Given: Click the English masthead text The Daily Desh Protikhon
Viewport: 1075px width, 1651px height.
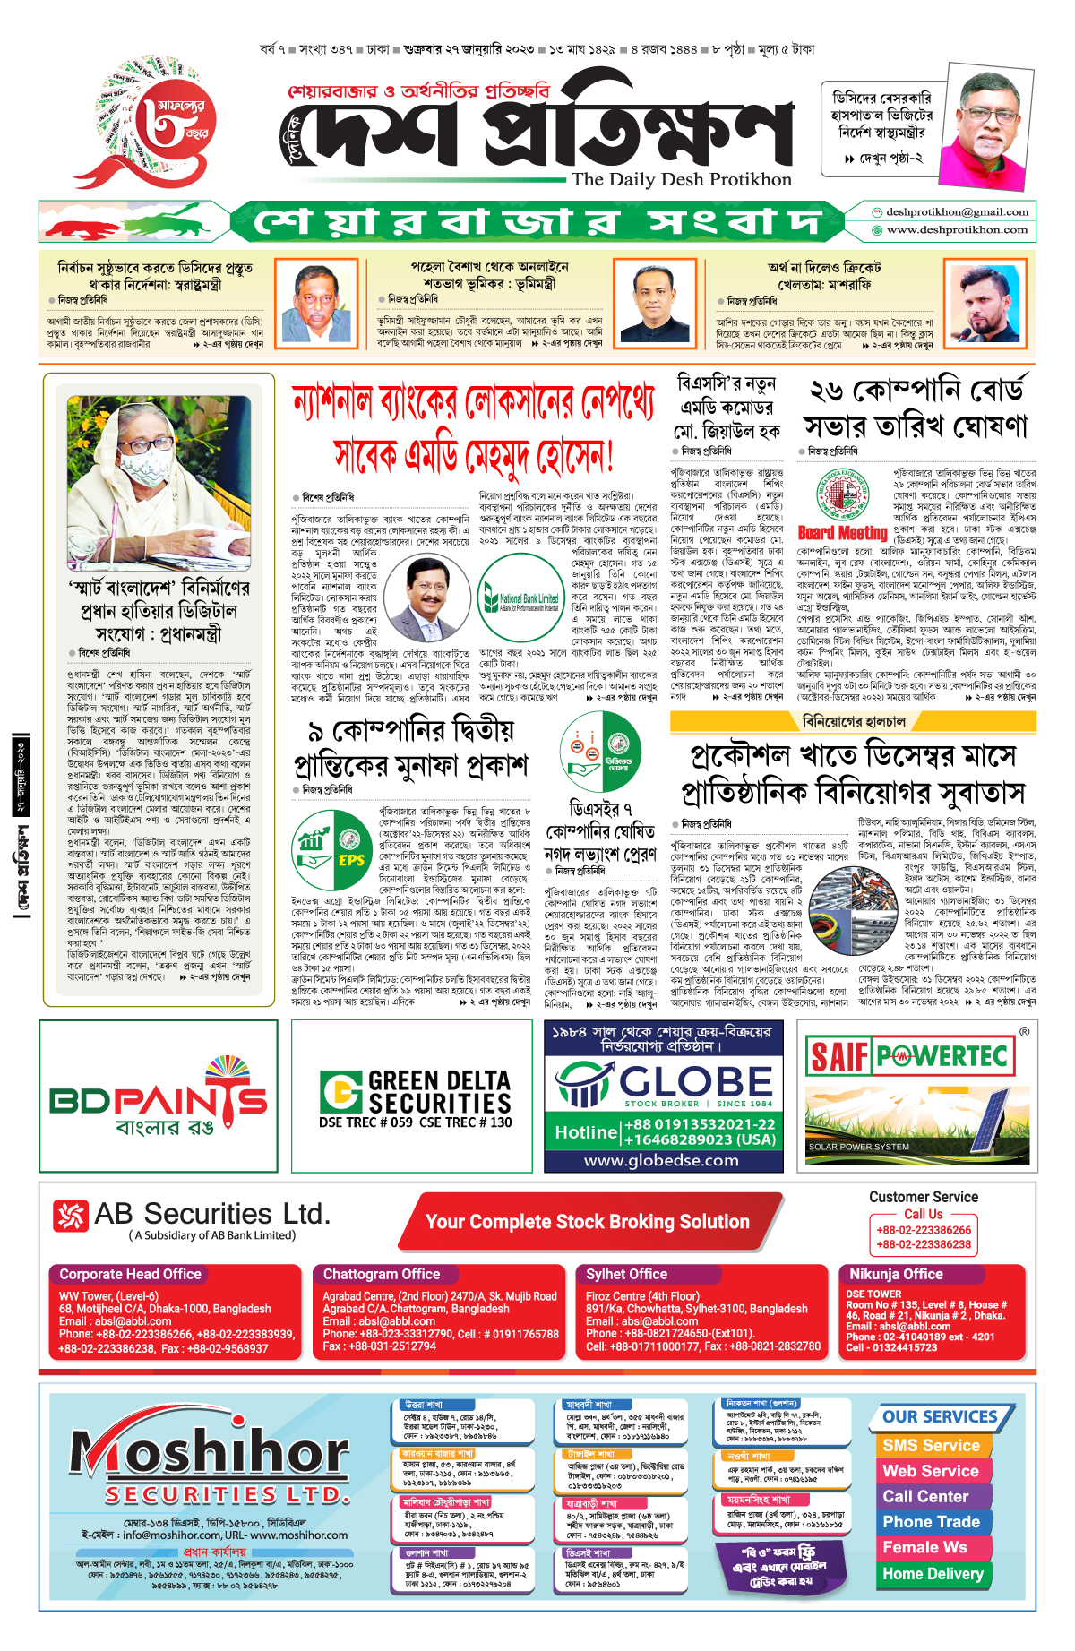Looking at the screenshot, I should pyautogui.click(x=682, y=179).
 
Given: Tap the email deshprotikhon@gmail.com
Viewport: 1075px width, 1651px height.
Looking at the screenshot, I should pyautogui.click(x=957, y=212).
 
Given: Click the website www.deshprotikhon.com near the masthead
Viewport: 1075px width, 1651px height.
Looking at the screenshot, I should pyautogui.click(x=957, y=230).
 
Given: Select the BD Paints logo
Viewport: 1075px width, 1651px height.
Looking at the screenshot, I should pyautogui.click(x=159, y=1098).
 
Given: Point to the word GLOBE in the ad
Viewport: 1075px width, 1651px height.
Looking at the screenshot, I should pyautogui.click(x=683, y=1080).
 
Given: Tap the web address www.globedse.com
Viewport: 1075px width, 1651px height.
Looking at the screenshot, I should pyautogui.click(x=661, y=1161).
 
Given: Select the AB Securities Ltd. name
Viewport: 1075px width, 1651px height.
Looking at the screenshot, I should pyautogui.click(x=211, y=1215).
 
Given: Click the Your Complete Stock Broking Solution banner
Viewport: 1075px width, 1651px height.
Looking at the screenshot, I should pyautogui.click(x=587, y=1222).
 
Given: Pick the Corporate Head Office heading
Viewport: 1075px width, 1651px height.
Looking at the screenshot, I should pyautogui.click(x=130, y=1274).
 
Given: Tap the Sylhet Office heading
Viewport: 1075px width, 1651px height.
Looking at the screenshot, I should pyautogui.click(x=626, y=1274).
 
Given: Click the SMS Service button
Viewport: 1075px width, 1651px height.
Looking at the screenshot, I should pyautogui.click(x=931, y=1445).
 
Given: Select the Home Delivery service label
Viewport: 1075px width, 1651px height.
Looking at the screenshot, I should pyautogui.click(x=933, y=1574).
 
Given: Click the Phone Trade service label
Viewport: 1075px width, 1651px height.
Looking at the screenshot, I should pyautogui.click(x=931, y=1522).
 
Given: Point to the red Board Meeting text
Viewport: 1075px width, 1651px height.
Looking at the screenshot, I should pyautogui.click(x=842, y=533).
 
